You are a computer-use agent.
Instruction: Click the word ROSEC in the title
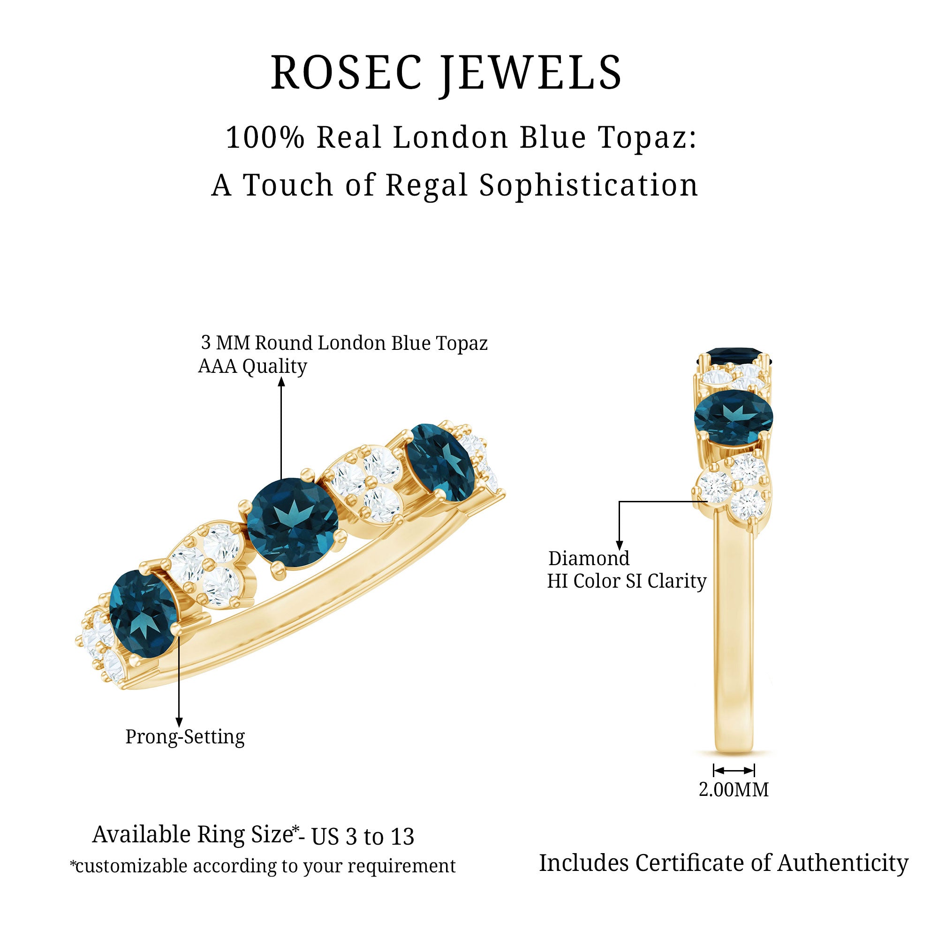click(x=346, y=73)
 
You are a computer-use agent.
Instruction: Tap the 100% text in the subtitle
click(x=265, y=137)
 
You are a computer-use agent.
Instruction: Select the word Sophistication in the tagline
click(x=589, y=186)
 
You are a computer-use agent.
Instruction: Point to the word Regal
click(x=427, y=186)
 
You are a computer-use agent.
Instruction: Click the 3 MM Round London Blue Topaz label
click(x=344, y=343)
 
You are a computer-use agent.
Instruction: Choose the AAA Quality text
click(x=252, y=366)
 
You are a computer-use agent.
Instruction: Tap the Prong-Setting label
click(x=185, y=736)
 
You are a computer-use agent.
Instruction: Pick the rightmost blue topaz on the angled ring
click(x=439, y=462)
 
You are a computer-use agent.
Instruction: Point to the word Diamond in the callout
click(x=589, y=558)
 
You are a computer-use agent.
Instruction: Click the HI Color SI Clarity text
click(x=626, y=581)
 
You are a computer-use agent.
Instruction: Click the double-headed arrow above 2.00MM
click(x=734, y=771)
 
